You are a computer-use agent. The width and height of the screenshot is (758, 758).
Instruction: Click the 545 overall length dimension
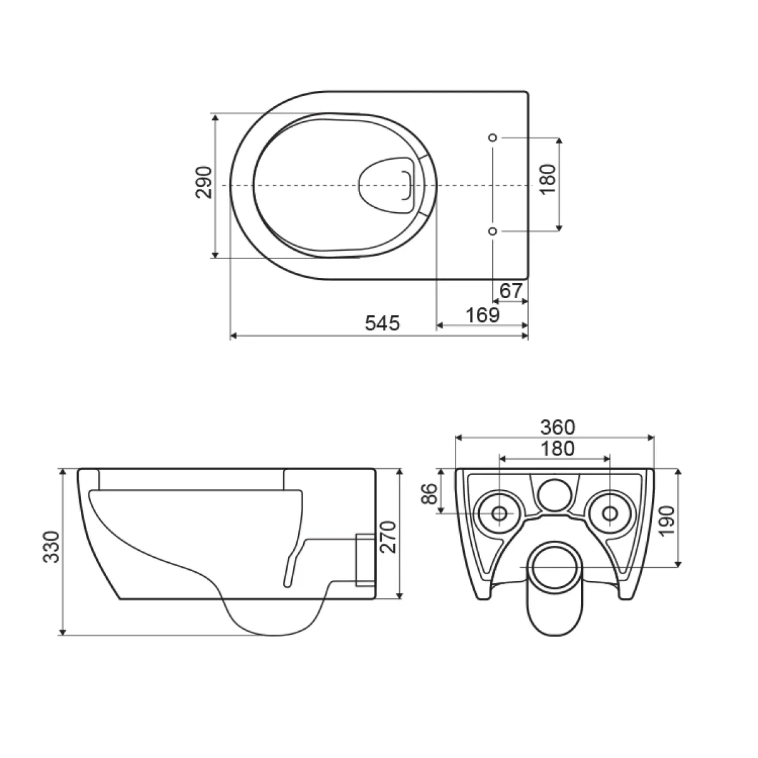pos(382,323)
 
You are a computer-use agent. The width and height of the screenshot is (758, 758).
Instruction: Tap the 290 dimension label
pos(205,182)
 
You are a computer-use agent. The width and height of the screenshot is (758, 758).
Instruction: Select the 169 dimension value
pos(483,315)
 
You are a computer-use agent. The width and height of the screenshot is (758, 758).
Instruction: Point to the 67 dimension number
pos(511,291)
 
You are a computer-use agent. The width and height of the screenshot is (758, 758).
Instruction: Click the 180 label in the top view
pos(548,179)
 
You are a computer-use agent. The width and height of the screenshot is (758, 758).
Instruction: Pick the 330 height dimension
pos(52,547)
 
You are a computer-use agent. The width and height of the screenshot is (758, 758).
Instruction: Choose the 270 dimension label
pos(388,536)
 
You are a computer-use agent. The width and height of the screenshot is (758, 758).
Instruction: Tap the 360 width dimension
pos(557,427)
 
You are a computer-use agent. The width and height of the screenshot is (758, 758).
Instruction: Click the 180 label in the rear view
pos(557,449)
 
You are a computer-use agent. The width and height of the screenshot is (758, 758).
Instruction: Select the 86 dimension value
pos(429,494)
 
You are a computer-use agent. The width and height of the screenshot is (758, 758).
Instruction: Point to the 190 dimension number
pos(668,520)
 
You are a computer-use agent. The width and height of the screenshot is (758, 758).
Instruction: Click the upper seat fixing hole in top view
pos(493,137)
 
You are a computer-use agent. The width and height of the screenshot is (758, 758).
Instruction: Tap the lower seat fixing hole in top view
pos(493,231)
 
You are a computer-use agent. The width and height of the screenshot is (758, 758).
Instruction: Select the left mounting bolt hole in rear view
pos(500,513)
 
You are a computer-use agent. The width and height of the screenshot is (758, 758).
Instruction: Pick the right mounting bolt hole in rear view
pos(610,513)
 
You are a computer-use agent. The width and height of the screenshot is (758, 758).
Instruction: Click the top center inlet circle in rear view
pos(555,495)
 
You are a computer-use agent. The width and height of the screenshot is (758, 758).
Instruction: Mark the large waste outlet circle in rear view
pos(555,567)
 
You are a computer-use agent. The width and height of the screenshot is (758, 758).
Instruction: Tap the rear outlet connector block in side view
pos(365,560)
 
